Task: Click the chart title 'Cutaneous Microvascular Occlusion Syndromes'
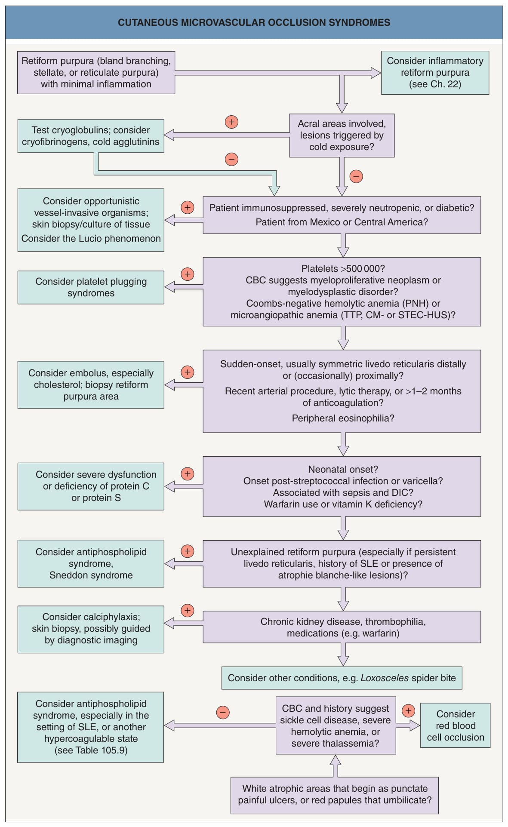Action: tap(254, 23)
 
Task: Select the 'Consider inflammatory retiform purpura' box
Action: tap(435, 73)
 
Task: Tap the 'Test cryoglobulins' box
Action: tap(91, 136)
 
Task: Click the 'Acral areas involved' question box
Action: tap(342, 135)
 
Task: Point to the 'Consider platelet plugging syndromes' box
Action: tap(91, 287)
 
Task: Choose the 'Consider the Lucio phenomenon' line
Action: tap(91, 239)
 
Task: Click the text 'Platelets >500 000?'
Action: tap(343, 269)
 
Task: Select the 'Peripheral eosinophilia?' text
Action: tap(343, 418)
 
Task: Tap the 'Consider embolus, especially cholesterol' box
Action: tap(91, 385)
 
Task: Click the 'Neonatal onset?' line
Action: tap(343, 470)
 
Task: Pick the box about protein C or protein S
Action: tap(91, 486)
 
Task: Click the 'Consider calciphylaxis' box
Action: tap(91, 629)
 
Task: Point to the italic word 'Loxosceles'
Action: tap(385, 678)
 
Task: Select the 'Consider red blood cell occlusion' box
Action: tap(455, 726)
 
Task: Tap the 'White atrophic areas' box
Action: tap(334, 795)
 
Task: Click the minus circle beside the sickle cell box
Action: tap(222, 713)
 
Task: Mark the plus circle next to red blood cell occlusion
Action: tap(408, 710)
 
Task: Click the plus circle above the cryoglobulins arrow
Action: tap(231, 122)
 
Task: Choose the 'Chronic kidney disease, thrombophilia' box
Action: tap(342, 627)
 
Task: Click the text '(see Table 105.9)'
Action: tap(91, 750)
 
